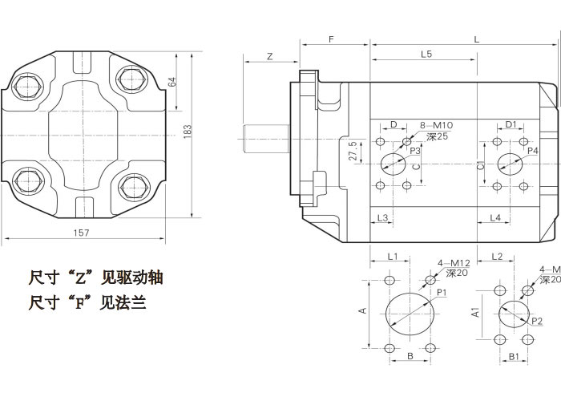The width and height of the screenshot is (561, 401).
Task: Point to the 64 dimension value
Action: (x=172, y=83)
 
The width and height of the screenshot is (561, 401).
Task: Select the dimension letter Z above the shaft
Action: (x=270, y=56)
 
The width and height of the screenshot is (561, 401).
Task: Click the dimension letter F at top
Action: (x=331, y=38)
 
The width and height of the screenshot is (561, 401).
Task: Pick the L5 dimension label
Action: (x=426, y=55)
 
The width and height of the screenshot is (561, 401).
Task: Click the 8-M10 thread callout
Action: (x=437, y=125)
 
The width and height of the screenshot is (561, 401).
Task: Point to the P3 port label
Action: (x=415, y=150)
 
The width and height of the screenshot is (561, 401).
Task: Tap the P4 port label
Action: (x=532, y=150)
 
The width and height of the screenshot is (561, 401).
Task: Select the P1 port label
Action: (x=441, y=293)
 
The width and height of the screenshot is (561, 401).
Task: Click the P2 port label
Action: (x=537, y=321)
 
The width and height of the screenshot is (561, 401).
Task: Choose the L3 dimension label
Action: (x=383, y=218)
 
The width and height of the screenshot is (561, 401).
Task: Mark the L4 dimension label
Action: (x=495, y=218)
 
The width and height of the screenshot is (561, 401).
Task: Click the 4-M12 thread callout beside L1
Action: (x=454, y=263)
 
